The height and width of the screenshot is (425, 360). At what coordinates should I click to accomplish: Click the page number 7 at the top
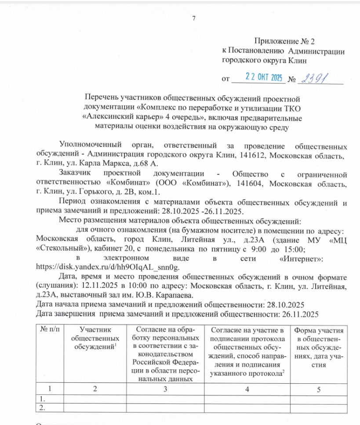tap(193, 18)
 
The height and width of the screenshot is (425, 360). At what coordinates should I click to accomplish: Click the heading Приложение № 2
tap(285, 42)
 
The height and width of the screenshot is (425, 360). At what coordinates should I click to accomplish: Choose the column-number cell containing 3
tap(165, 389)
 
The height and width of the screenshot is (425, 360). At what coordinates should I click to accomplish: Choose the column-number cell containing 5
tap(319, 389)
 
